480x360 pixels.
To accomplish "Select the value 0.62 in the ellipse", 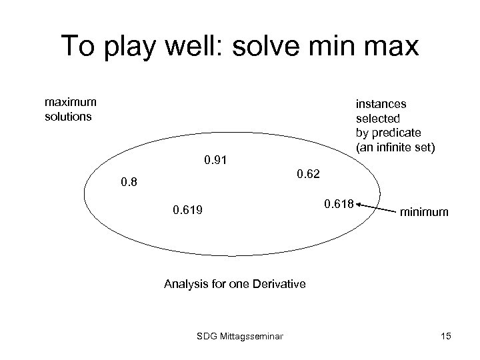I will (308, 174).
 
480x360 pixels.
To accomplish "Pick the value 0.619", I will (188, 211).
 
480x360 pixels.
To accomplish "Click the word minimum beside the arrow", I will (425, 213).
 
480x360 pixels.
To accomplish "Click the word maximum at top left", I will (70, 102).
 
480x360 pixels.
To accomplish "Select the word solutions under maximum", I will (68, 116).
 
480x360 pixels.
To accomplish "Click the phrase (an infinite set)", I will (395, 147).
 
